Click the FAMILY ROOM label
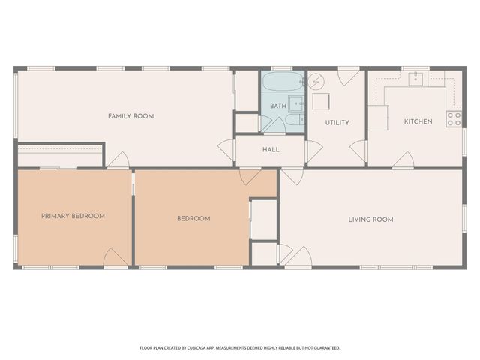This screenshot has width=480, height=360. click(x=130, y=116)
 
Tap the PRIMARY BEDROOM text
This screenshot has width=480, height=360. click(x=73, y=216)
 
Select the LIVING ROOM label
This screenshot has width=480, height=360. click(x=370, y=220)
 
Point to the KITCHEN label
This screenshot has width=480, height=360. click(x=418, y=121)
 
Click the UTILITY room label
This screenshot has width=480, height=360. click(x=337, y=122)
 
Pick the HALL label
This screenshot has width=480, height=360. click(x=271, y=149)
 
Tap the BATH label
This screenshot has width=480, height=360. click(x=278, y=106)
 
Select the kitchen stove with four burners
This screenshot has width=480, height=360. click(x=454, y=118)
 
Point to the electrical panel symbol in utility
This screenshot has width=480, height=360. click(x=316, y=79)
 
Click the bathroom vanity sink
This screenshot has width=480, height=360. click(x=297, y=103)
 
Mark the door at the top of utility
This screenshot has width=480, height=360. click(x=348, y=76)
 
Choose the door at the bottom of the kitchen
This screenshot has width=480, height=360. click(x=403, y=160)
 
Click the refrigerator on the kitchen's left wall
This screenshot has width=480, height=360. click(x=377, y=117)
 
